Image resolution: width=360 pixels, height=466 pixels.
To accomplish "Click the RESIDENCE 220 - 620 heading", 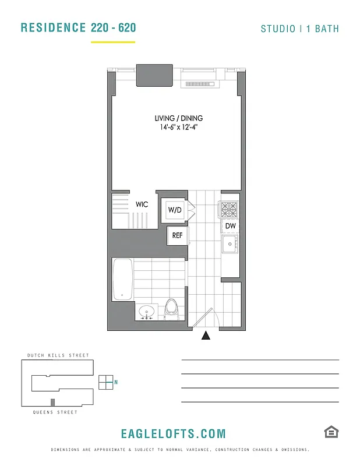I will pyautogui.click(x=79, y=27).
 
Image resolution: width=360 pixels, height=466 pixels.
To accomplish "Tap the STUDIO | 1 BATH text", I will pyautogui.click(x=299, y=29).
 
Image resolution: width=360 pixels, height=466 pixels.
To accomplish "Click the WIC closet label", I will pyautogui.click(x=142, y=204).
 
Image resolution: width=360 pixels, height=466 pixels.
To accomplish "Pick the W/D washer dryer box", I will pyautogui.click(x=174, y=210).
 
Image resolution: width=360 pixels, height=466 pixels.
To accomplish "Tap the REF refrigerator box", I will pyautogui.click(x=177, y=235).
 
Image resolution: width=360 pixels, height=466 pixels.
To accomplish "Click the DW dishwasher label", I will pyautogui.click(x=230, y=226).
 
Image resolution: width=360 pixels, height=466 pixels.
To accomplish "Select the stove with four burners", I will pyautogui.click(x=229, y=209).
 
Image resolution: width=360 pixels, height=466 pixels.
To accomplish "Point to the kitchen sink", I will pyautogui.click(x=230, y=245).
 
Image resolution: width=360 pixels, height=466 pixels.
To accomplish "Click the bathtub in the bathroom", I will pyautogui.click(x=122, y=280).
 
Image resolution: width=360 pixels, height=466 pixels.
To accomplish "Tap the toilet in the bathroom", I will pyautogui.click(x=171, y=309).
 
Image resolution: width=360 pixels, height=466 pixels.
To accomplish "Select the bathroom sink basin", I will pyautogui.click(x=146, y=311).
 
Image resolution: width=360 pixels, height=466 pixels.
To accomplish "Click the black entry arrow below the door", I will pyautogui.click(x=205, y=336).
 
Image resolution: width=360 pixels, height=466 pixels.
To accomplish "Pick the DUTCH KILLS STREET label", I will pyautogui.click(x=58, y=355).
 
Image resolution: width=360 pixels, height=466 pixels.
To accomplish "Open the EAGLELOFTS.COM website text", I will pyautogui.click(x=173, y=434).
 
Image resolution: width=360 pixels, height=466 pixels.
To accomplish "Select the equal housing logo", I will pyautogui.click(x=331, y=432).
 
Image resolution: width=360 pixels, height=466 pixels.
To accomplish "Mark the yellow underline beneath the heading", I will pyautogui.click(x=113, y=42).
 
